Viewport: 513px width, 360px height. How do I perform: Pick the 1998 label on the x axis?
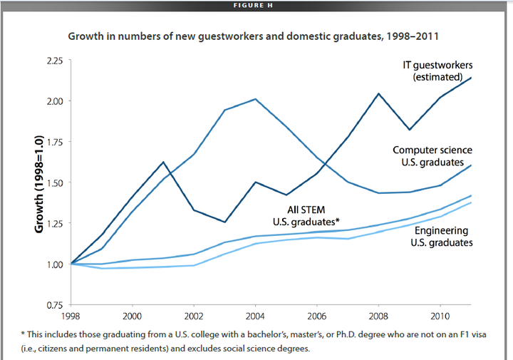pos(71,314)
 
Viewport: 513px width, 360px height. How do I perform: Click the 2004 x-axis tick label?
pos(256,314)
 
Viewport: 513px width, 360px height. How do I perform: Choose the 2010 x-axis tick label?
pos(440,314)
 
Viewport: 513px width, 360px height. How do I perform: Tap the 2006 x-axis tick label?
pos(317,314)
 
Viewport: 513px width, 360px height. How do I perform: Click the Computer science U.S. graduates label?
pos(432,156)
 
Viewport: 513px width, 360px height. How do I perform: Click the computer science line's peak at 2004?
pos(255,99)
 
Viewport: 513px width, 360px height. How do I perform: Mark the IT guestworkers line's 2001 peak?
pos(163,163)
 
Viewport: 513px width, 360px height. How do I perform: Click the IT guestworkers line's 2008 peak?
pos(378,93)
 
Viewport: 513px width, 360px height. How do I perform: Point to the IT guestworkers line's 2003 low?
pos(224,222)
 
